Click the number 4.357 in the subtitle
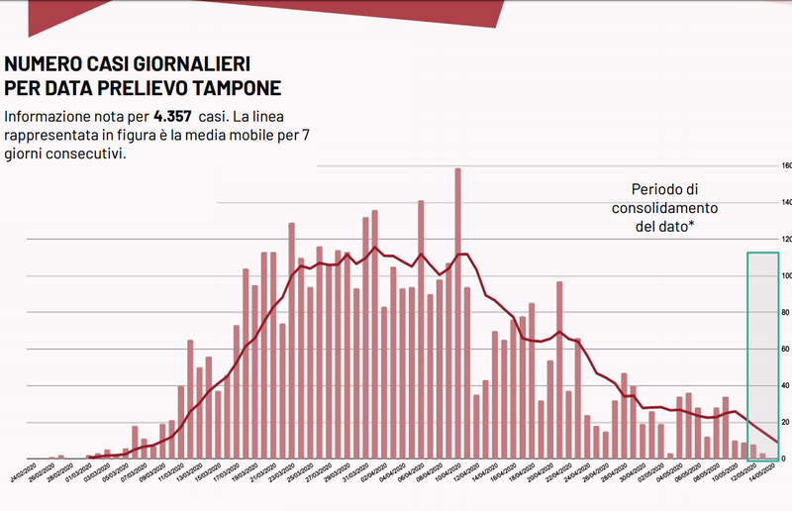point(172,116)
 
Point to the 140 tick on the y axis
point(785,202)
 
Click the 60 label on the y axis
point(786,349)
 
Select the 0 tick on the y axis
point(785,459)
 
